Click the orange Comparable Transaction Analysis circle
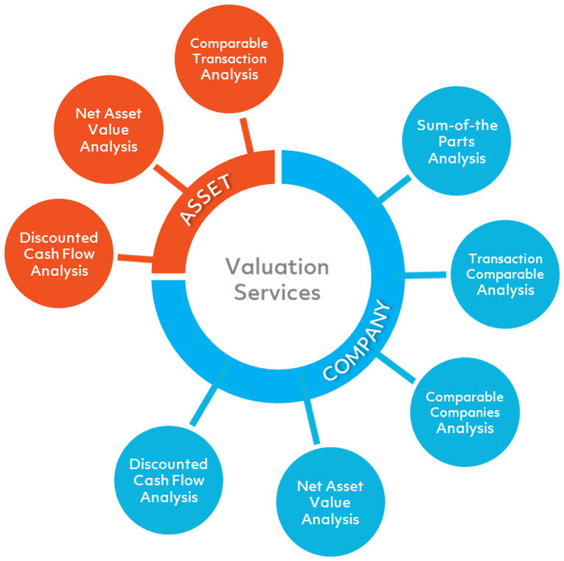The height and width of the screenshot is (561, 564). point(229,58)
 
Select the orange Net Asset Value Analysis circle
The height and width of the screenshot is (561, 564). point(108,130)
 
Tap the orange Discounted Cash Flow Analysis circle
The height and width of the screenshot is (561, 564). point(58,254)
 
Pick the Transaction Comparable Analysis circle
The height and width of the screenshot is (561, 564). point(505,274)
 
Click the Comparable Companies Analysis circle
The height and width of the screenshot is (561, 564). point(464,412)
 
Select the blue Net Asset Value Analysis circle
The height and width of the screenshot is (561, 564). point(330,502)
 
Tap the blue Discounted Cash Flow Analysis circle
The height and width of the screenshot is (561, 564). point(169,480)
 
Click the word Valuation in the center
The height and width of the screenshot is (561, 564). point(277,267)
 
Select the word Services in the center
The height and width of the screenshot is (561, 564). point(277,292)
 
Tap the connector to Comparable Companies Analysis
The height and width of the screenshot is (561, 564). point(399,371)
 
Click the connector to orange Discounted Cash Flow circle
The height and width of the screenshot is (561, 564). point(133,258)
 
